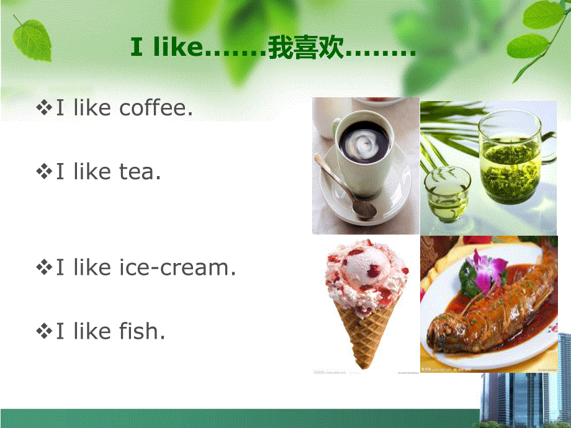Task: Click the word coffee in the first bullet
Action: click(x=155, y=109)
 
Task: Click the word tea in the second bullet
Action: click(x=140, y=171)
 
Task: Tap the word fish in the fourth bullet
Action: click(x=141, y=332)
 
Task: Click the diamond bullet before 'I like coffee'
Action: click(x=45, y=109)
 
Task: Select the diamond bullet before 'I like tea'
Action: click(x=45, y=172)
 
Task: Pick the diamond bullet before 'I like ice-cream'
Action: click(x=45, y=269)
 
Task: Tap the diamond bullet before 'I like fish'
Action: click(x=45, y=332)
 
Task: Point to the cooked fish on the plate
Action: click(x=490, y=310)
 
